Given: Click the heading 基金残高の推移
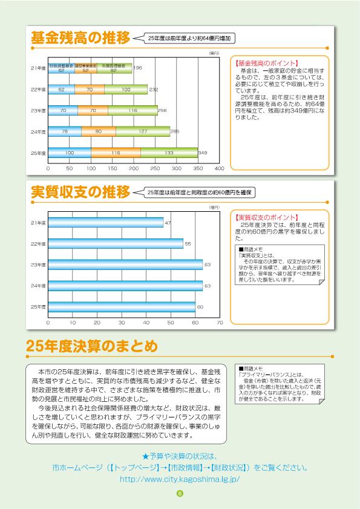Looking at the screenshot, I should click(80, 38).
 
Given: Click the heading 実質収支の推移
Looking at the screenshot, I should click(80, 192).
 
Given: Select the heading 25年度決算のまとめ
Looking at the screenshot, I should click(91, 346).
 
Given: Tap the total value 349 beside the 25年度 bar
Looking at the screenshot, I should click(203, 153).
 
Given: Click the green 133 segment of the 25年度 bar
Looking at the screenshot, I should click(169, 153).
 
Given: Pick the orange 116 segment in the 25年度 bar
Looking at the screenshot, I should click(116, 153).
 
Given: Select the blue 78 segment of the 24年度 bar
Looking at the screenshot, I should click(64, 132).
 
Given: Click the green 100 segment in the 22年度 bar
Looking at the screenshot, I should click(126, 90).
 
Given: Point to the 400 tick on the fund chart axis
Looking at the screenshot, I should click(219, 168).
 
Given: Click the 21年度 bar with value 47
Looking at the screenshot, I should click(105, 223).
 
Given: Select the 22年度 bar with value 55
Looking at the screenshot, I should click(115, 244).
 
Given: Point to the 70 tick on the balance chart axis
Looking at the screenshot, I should click(219, 323).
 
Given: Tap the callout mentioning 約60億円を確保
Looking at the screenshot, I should click(198, 192).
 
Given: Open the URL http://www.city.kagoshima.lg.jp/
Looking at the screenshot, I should click(180, 478).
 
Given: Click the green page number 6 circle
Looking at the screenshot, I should click(180, 493).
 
